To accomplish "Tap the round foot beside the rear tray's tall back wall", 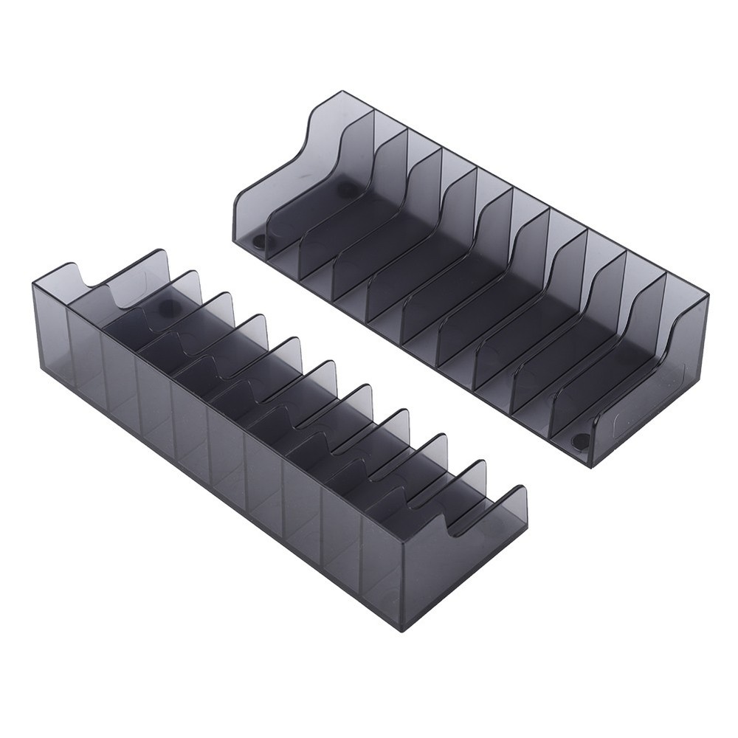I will pos(346,190).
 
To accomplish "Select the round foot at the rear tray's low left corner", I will pos(260,242).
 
